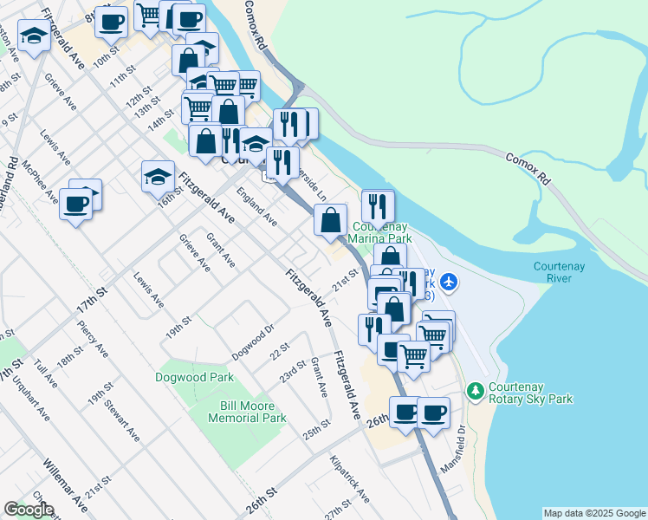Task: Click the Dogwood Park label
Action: tap(195, 378)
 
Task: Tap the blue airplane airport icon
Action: tap(448, 281)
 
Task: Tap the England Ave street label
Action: tap(256, 209)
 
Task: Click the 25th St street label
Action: tap(317, 429)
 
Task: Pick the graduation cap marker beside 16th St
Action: tap(157, 178)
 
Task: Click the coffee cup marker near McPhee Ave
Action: tap(75, 205)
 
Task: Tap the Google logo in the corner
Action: tap(29, 510)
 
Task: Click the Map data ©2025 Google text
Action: tap(594, 513)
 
